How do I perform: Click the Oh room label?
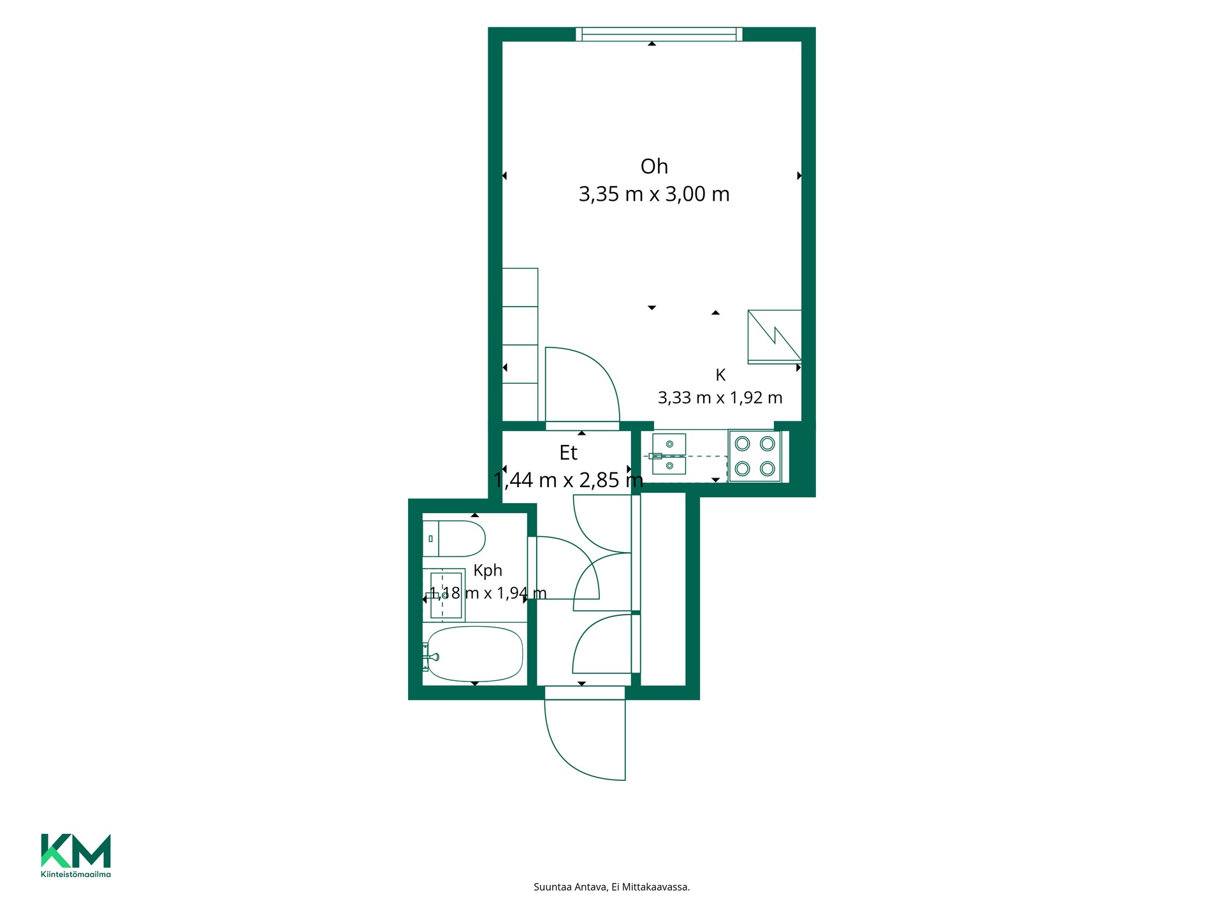654,166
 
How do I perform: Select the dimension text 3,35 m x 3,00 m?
654,194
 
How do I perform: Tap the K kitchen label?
720,375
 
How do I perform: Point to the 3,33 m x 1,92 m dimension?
720,398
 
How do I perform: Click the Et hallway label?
568,453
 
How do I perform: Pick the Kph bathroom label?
488,571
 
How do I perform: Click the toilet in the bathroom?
454,539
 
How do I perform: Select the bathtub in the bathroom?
474,654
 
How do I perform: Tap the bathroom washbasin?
445,595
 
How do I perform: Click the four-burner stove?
755,456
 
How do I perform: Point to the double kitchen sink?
669,455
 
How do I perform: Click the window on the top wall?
659,34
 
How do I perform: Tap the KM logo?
76,850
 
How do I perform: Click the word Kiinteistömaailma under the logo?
76,874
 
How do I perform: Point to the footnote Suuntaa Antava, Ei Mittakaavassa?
612,887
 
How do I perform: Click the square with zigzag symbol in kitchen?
775,337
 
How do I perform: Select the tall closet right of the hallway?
663,590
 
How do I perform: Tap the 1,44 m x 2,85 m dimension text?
568,479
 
